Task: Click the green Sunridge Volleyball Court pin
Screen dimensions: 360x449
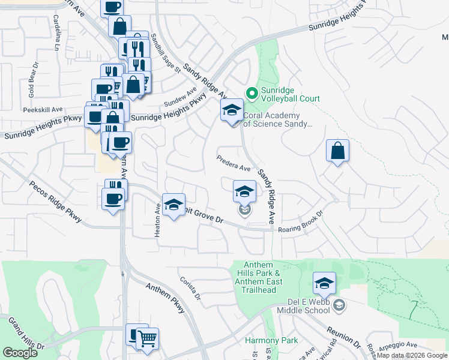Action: point(251,93)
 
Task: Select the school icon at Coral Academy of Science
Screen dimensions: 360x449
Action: point(232,110)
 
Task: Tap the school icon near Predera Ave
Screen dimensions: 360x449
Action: point(244,191)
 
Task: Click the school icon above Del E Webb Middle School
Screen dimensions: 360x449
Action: point(324,283)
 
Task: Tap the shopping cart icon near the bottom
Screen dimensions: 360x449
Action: point(146,339)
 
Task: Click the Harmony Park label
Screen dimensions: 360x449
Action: point(271,340)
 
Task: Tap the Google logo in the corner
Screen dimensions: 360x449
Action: point(20,353)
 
